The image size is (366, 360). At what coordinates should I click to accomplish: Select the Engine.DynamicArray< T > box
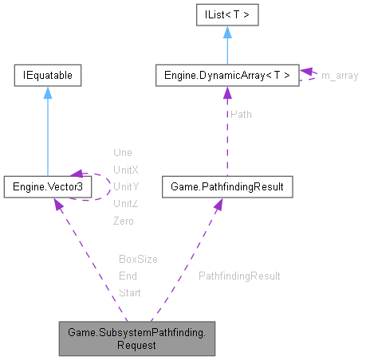point(226,76)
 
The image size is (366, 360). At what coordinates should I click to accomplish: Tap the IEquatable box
point(47,76)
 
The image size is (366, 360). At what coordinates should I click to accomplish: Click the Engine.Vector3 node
point(47,186)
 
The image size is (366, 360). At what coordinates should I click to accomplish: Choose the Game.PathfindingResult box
point(226,186)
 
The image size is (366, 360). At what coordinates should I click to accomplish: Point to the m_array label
point(339,76)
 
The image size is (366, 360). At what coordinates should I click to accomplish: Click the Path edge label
point(241,114)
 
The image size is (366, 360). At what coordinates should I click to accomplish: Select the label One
point(123,152)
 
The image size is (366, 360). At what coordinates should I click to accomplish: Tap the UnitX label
point(126,170)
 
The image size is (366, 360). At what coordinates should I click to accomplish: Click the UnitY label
point(126,186)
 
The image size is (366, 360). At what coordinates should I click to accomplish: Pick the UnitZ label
point(126,204)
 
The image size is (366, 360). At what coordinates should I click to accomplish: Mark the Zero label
point(124,221)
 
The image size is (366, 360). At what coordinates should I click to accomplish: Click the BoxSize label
point(138,259)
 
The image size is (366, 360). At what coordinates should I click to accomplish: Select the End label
point(128,276)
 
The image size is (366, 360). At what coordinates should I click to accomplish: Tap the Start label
point(129,293)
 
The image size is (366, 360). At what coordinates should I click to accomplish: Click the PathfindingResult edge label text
point(239,276)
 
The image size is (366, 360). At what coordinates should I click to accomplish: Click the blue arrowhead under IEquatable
point(47,93)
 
